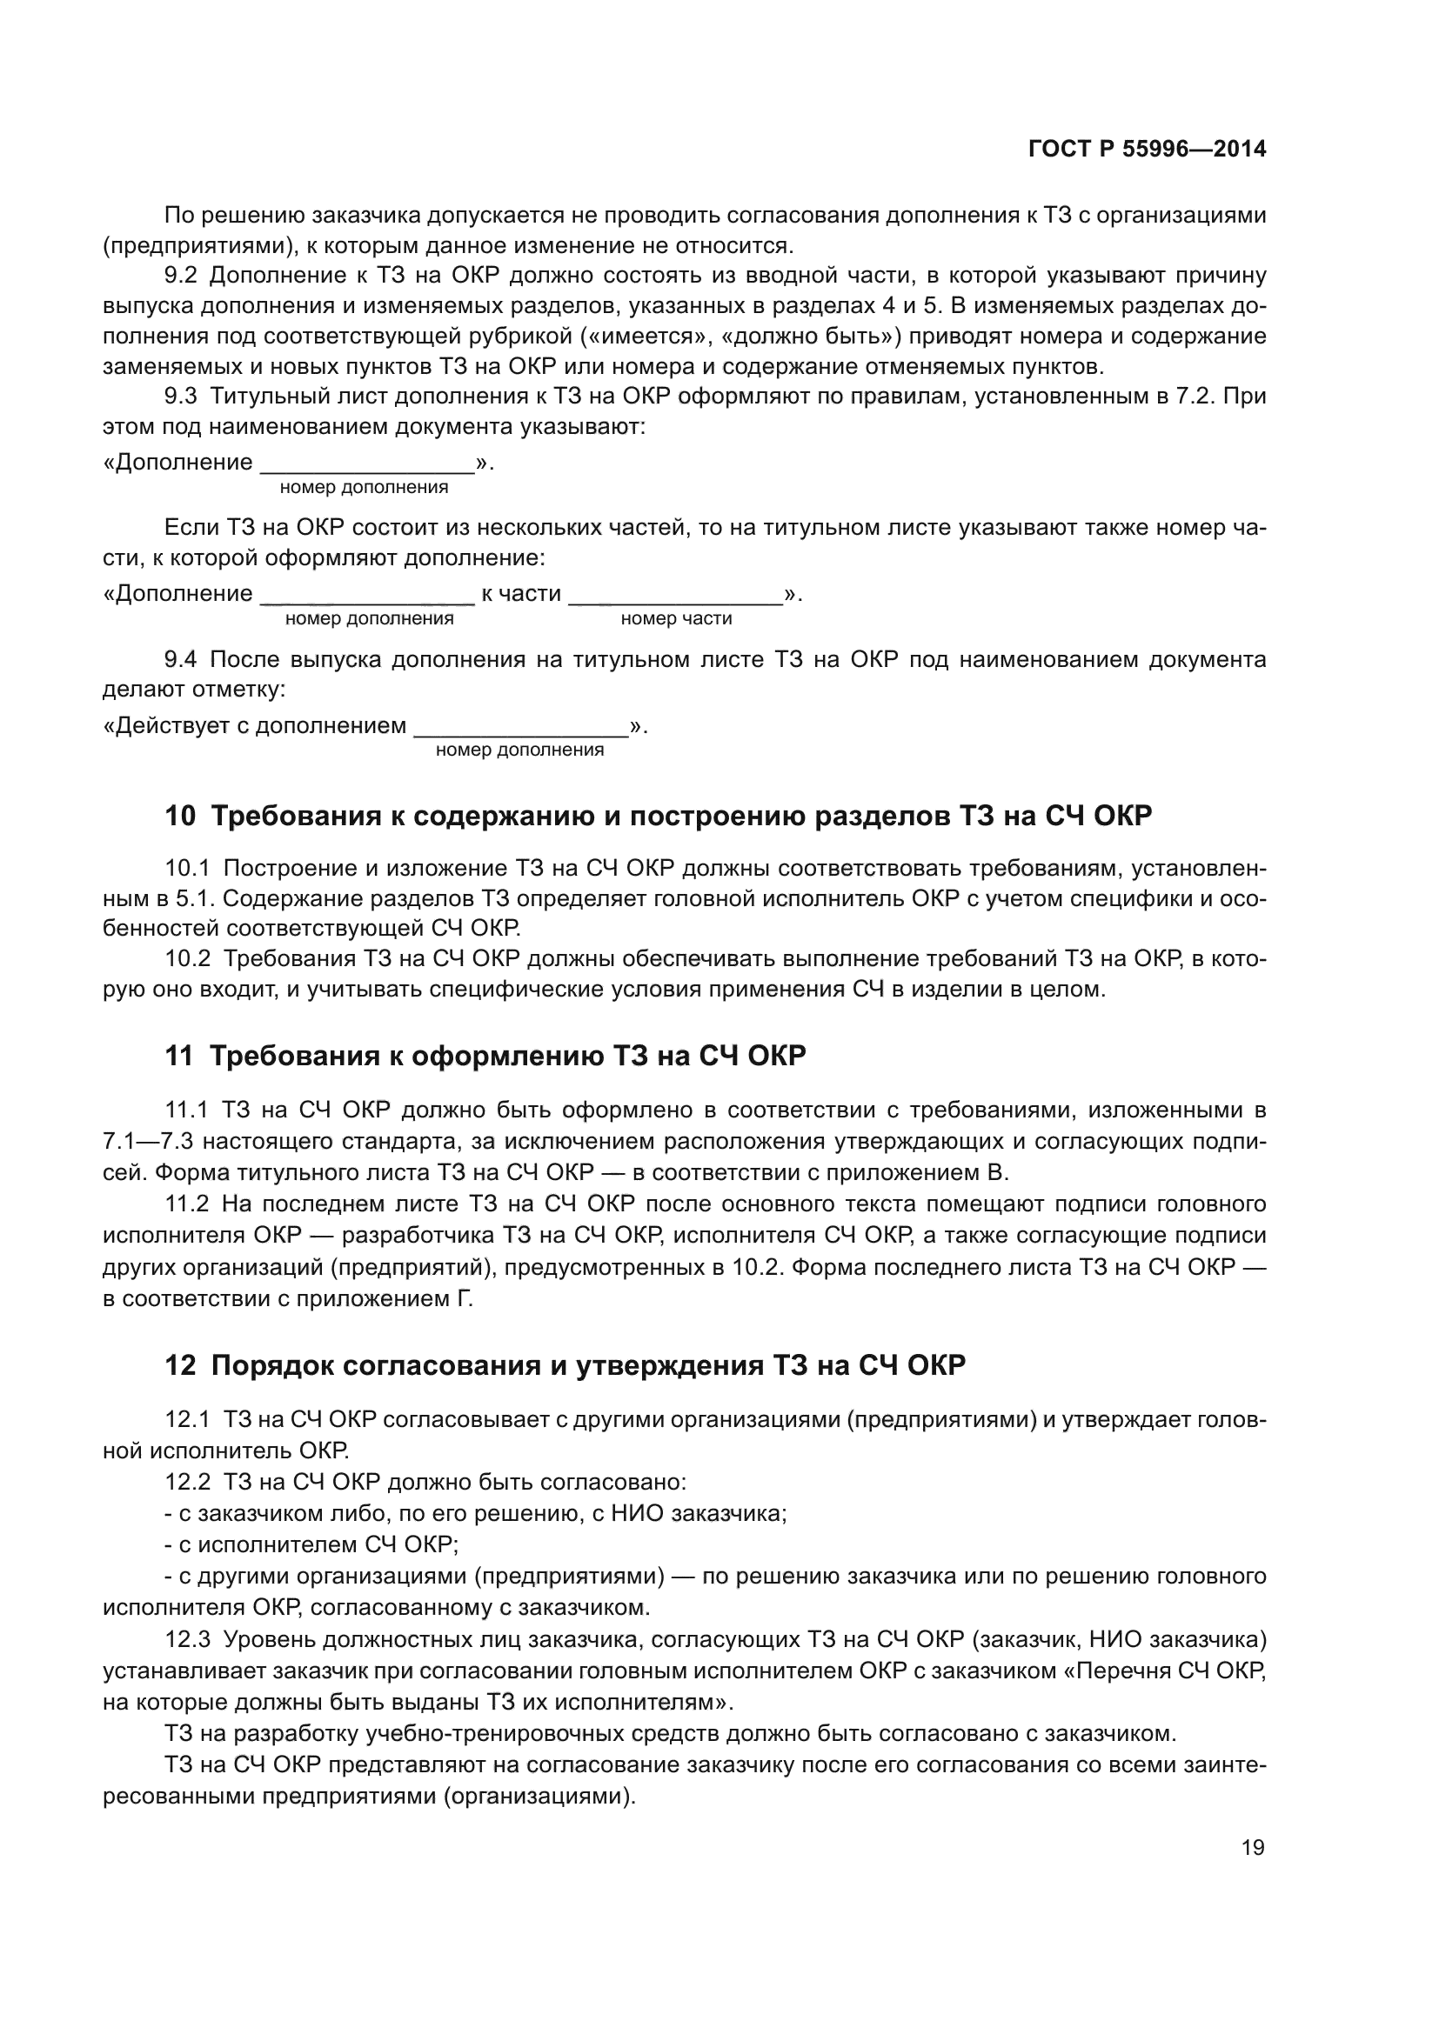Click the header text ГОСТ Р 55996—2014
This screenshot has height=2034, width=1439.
(1147, 149)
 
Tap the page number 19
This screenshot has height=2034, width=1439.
(1253, 1847)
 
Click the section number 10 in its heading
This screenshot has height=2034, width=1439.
(179, 816)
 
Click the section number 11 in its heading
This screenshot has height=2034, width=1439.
(178, 1056)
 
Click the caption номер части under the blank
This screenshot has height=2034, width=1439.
(676, 618)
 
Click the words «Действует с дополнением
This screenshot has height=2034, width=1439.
(255, 726)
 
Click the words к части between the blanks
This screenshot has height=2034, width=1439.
(521, 594)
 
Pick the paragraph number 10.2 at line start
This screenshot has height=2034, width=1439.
(187, 958)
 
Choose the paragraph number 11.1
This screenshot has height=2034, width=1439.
(186, 1110)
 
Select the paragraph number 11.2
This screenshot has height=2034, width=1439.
(186, 1204)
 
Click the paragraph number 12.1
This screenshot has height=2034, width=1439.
(186, 1419)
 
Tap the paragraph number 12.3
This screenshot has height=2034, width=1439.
(187, 1639)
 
